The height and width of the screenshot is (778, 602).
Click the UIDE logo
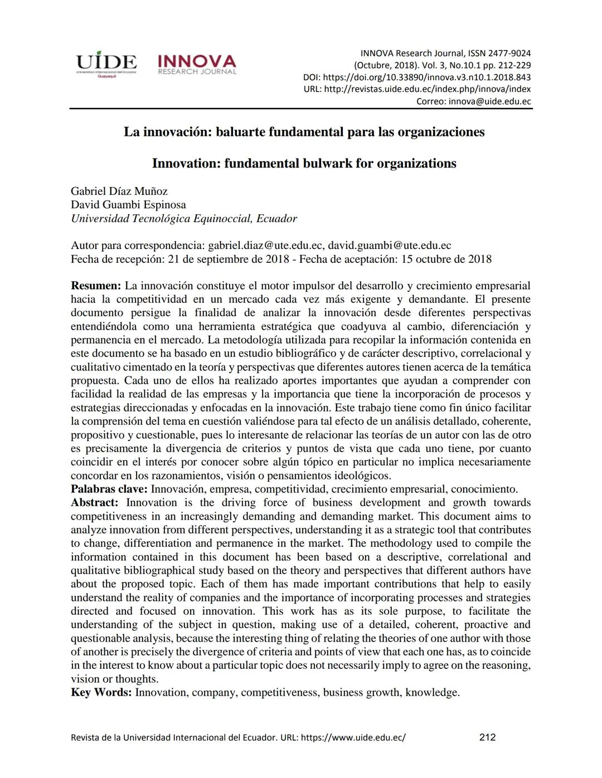coord(106,64)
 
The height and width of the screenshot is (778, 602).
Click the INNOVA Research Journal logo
coord(197,65)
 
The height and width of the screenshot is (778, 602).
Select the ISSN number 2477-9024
coord(509,53)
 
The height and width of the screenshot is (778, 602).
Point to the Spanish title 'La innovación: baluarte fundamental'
coord(304,132)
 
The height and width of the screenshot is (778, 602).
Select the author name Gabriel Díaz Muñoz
coord(119,191)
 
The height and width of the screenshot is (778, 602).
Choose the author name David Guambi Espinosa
coord(128,204)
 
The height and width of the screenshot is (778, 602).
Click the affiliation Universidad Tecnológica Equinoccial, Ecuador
coord(184,218)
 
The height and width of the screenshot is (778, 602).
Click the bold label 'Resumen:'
coord(95,286)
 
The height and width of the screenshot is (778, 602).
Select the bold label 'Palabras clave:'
coord(109,489)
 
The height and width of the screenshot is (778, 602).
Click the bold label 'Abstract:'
coord(94,502)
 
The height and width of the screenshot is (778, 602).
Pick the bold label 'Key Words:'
coord(101,692)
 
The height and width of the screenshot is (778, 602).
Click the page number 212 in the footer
coord(487,737)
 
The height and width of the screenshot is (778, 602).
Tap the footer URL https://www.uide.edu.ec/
coord(353,738)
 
